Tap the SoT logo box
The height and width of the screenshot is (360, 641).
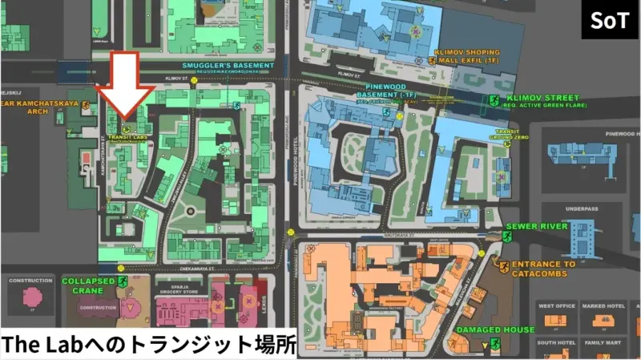click(x=610, y=20)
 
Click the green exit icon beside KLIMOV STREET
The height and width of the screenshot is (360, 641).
click(x=494, y=100)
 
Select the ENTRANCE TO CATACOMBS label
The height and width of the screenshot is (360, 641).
click(x=544, y=269)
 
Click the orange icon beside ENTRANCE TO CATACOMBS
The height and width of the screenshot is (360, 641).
click(x=504, y=265)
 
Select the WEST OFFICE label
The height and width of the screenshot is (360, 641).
click(x=556, y=305)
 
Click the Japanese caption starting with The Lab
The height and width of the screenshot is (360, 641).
click(x=148, y=345)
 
